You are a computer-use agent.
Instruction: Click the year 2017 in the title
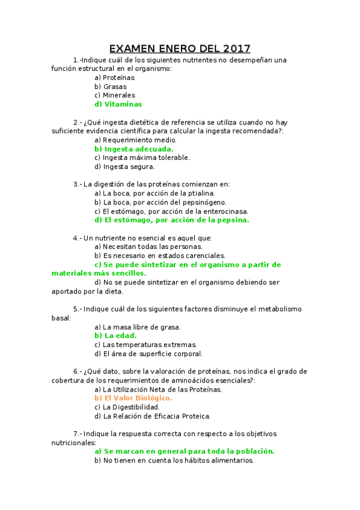236,49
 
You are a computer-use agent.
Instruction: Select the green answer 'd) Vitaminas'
118,104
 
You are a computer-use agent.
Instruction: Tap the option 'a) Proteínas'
115,78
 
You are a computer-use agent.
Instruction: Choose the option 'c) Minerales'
115,95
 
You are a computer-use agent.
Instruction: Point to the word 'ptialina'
199,193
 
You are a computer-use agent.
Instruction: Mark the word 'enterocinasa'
225,211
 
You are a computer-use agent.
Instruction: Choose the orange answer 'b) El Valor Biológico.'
133,398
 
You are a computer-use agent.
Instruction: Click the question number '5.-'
77,309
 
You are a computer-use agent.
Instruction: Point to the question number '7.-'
77,434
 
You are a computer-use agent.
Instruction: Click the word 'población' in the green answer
255,451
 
